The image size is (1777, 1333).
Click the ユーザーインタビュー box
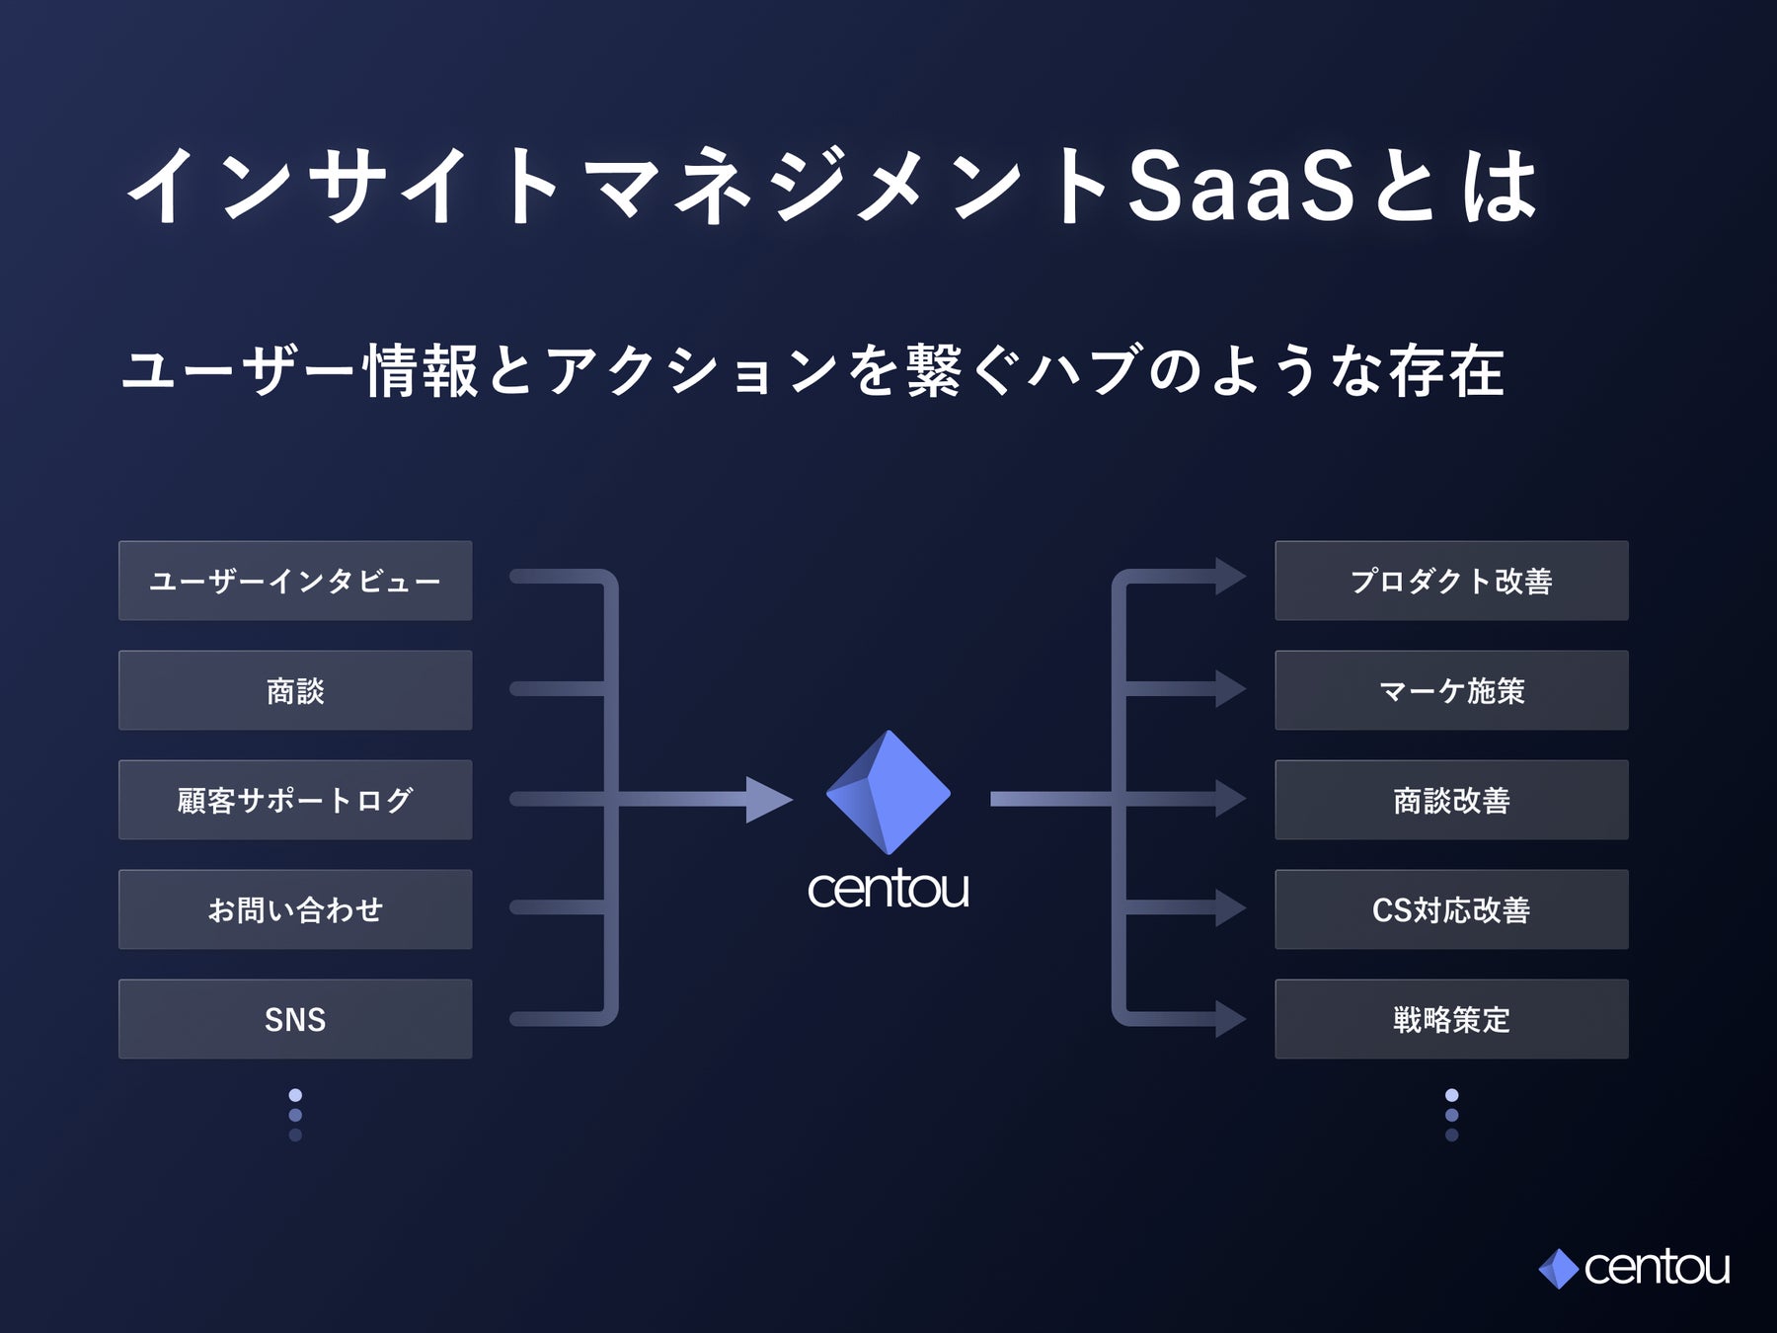click(295, 581)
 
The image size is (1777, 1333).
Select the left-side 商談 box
click(295, 690)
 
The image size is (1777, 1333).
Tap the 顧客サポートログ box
click(295, 800)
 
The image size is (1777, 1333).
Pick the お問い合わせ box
click(295, 909)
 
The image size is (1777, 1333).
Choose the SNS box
click(295, 1019)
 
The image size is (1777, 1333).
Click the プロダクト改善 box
click(1451, 581)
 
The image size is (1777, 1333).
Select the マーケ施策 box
click(1451, 690)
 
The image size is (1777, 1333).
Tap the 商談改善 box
click(1451, 800)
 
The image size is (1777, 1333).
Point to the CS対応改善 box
click(1451, 909)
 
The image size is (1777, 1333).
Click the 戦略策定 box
click(1451, 1019)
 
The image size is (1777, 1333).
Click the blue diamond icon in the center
click(888, 792)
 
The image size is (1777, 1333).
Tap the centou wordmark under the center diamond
click(888, 889)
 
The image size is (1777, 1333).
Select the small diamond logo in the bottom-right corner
click(1558, 1269)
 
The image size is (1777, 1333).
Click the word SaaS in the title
click(1242, 188)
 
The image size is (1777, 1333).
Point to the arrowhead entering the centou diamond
click(768, 799)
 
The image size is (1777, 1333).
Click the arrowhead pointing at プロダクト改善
click(1230, 577)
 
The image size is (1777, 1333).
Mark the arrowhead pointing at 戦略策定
click(1230, 1019)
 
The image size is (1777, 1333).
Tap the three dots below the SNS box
click(295, 1115)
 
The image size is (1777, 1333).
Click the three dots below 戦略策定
click(1451, 1115)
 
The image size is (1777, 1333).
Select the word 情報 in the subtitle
click(421, 372)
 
